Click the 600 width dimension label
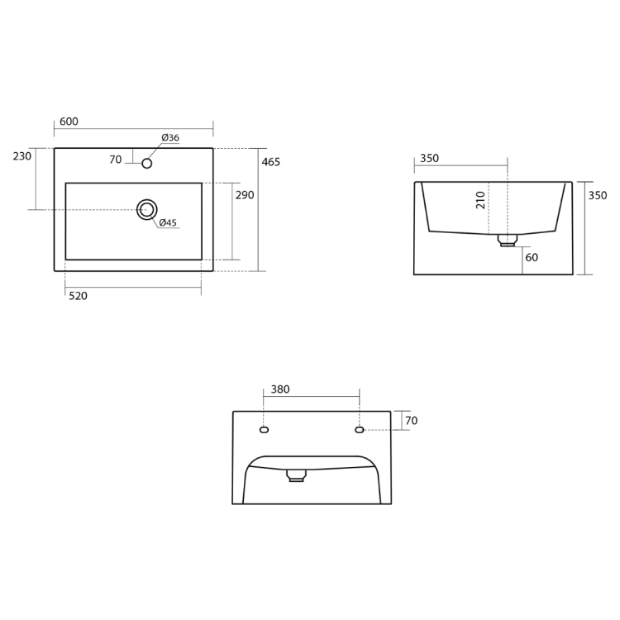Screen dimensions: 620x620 pyautogui.click(x=69, y=122)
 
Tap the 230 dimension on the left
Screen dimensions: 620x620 pyautogui.click(x=22, y=156)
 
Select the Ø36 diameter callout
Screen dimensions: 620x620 pyautogui.click(x=170, y=137)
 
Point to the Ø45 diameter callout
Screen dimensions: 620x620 pyautogui.click(x=168, y=222)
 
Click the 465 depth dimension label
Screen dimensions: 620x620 pyautogui.click(x=271, y=162)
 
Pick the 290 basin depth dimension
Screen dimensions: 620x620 pyautogui.click(x=245, y=195)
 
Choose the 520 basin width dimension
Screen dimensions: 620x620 pyautogui.click(x=78, y=296)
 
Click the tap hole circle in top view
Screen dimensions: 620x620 pyautogui.click(x=146, y=164)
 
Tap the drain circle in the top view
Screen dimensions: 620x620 pyautogui.click(x=146, y=210)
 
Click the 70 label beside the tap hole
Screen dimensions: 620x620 pyautogui.click(x=116, y=160)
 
